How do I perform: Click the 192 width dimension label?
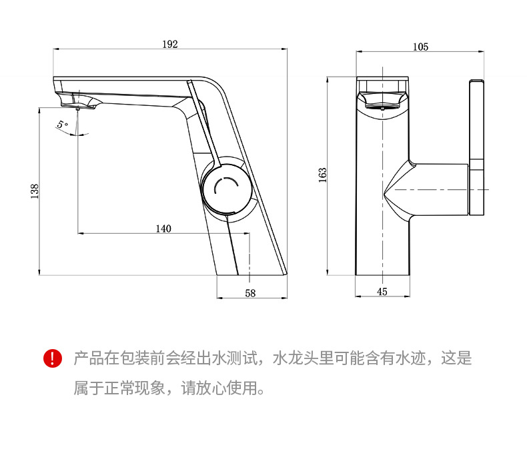point(170,44)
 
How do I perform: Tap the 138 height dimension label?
point(35,191)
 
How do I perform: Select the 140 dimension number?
point(163,229)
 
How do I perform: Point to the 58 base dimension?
point(250,293)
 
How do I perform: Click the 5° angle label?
point(62,125)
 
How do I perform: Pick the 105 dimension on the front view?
point(420,46)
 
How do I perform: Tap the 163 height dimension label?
point(322,175)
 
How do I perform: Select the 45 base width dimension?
point(382,291)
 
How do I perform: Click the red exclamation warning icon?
point(52,359)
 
